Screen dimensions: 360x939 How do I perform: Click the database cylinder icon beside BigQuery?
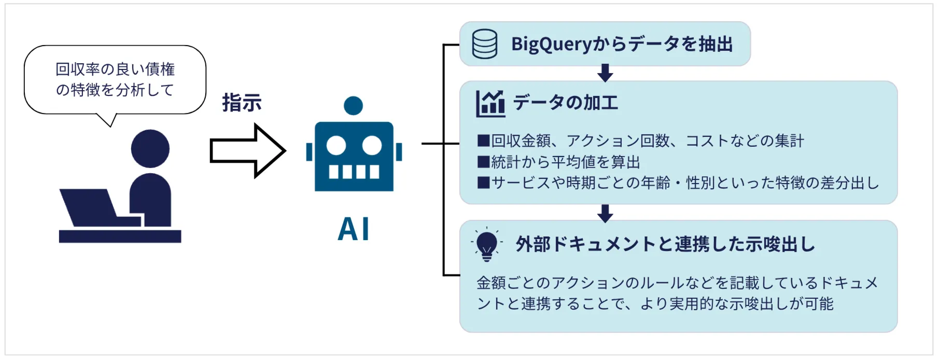click(x=484, y=44)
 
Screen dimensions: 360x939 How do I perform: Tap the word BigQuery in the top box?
click(x=551, y=45)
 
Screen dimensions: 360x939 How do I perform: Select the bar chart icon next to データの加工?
click(x=490, y=103)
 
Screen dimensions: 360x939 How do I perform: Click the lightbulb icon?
click(x=486, y=244)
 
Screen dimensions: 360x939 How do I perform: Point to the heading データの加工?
click(x=566, y=103)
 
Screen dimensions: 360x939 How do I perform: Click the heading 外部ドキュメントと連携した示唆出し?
click(x=665, y=244)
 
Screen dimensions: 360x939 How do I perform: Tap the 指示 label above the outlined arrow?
click(x=242, y=103)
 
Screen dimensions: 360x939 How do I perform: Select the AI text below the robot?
click(x=354, y=229)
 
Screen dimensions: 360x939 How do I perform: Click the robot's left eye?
click(x=336, y=146)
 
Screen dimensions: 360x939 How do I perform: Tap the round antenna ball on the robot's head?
click(x=353, y=106)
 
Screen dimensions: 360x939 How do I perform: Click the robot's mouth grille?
click(x=354, y=171)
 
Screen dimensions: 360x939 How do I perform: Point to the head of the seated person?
click(x=150, y=148)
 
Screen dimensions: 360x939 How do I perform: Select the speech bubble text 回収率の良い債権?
click(x=115, y=69)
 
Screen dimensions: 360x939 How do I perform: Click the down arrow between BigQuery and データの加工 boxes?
click(x=605, y=73)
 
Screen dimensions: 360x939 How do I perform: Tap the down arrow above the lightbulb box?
click(x=605, y=213)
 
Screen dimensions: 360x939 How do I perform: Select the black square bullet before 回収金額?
click(x=483, y=141)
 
